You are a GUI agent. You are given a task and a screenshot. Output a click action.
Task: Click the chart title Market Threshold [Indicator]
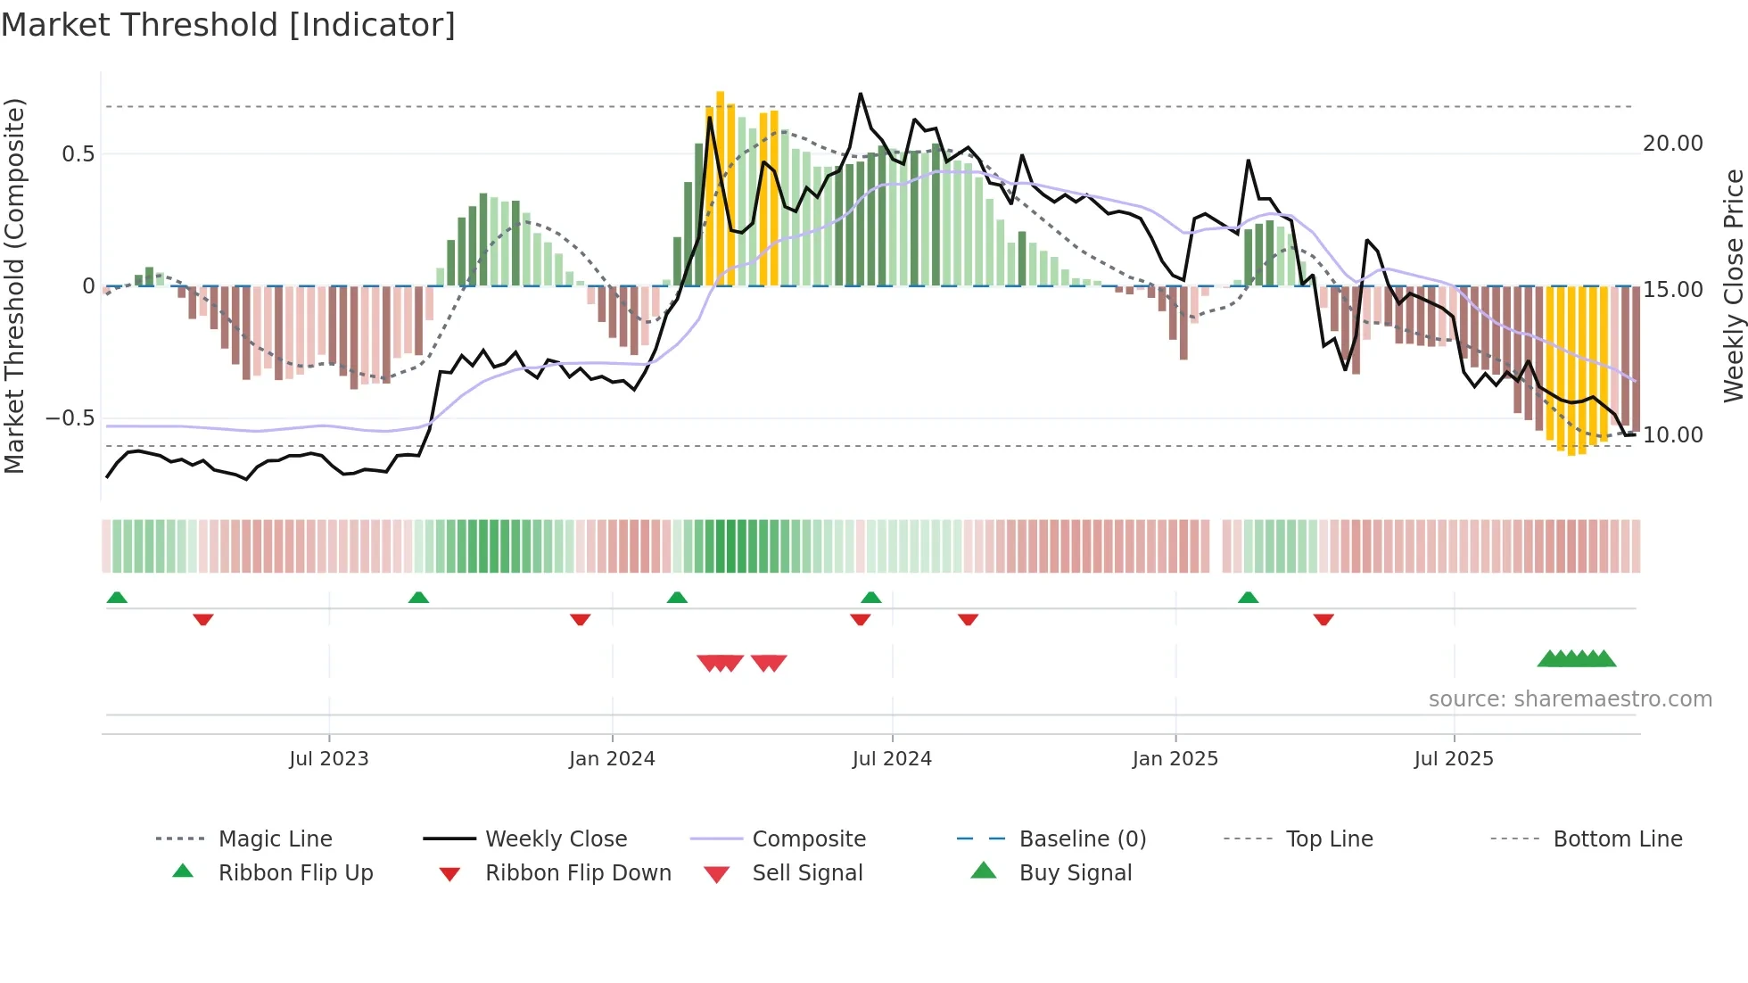pos(228,25)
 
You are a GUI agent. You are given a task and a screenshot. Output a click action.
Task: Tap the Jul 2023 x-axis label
pos(328,759)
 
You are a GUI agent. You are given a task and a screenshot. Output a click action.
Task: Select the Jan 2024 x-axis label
pos(612,759)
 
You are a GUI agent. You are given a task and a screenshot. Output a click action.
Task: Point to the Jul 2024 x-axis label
pos(892,759)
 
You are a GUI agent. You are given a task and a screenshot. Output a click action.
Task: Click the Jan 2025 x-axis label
pos(1175,759)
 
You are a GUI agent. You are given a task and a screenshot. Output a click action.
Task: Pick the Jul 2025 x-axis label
pos(1454,759)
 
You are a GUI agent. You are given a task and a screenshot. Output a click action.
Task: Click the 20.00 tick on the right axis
pos(1672,144)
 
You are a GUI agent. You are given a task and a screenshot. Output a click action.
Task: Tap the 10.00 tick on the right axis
pos(1672,435)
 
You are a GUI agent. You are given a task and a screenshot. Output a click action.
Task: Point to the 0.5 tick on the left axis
pos(78,154)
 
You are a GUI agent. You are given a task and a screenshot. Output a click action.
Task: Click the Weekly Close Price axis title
pos(1733,285)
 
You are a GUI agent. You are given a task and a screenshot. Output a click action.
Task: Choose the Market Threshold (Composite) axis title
pos(14,285)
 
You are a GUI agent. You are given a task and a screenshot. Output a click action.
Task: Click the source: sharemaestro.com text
pos(1570,699)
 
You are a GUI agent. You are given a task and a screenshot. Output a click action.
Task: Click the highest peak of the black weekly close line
pos(861,94)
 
